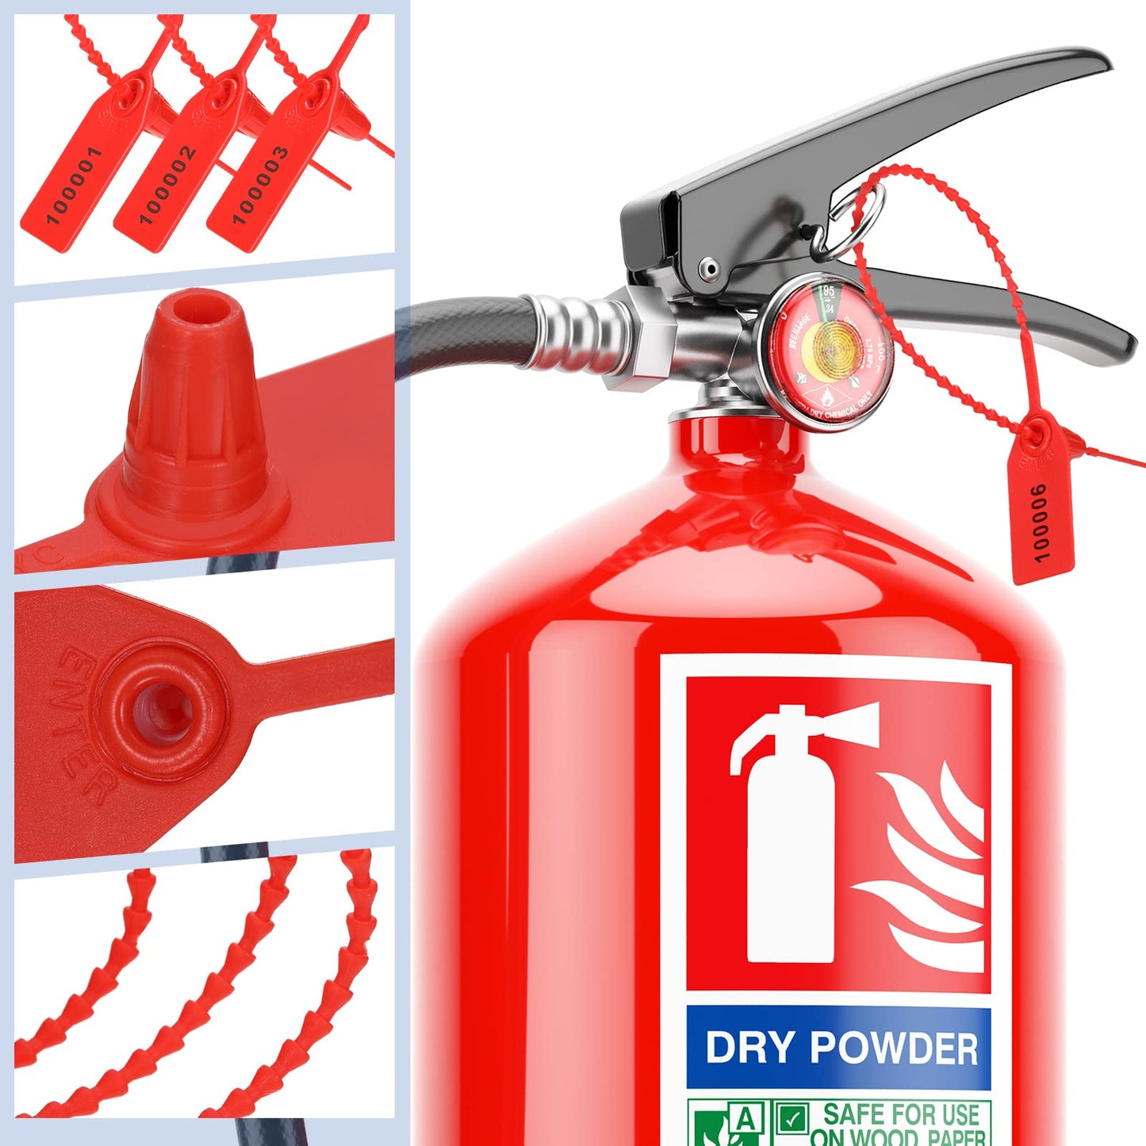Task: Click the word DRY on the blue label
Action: coord(749,1048)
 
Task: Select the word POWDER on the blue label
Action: coord(893,1048)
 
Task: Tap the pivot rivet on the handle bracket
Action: coord(711,269)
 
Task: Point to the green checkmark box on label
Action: coord(791,1119)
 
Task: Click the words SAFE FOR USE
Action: coord(901,1114)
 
